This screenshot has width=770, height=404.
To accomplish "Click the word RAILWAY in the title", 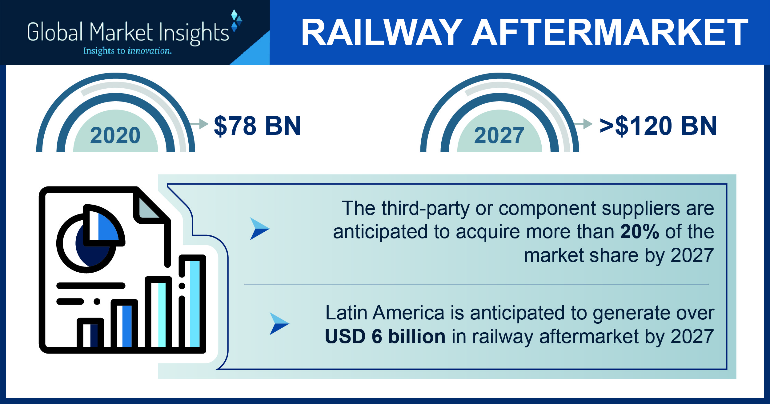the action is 382,32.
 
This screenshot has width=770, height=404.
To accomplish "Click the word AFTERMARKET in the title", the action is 610,32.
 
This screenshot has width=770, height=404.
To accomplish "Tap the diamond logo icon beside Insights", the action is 236,21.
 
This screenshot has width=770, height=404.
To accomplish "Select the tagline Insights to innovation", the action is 127,51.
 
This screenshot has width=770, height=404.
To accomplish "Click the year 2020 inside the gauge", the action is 115,135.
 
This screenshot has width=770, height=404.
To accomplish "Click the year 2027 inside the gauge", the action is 499,135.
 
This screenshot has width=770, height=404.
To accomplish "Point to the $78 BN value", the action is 257,126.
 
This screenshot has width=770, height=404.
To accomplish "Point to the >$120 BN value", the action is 658,126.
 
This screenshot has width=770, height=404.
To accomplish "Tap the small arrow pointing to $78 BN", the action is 199,124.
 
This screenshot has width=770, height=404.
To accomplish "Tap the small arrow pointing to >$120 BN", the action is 583,124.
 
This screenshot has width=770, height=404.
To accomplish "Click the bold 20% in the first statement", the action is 640,232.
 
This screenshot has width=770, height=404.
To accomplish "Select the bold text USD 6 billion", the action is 385,336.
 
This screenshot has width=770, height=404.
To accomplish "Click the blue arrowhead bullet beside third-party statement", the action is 259,229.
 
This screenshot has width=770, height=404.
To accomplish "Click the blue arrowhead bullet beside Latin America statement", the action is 279,323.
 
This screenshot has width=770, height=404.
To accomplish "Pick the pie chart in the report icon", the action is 91,238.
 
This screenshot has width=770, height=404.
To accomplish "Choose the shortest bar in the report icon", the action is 90,334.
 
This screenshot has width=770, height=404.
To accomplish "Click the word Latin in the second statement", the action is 346,313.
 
